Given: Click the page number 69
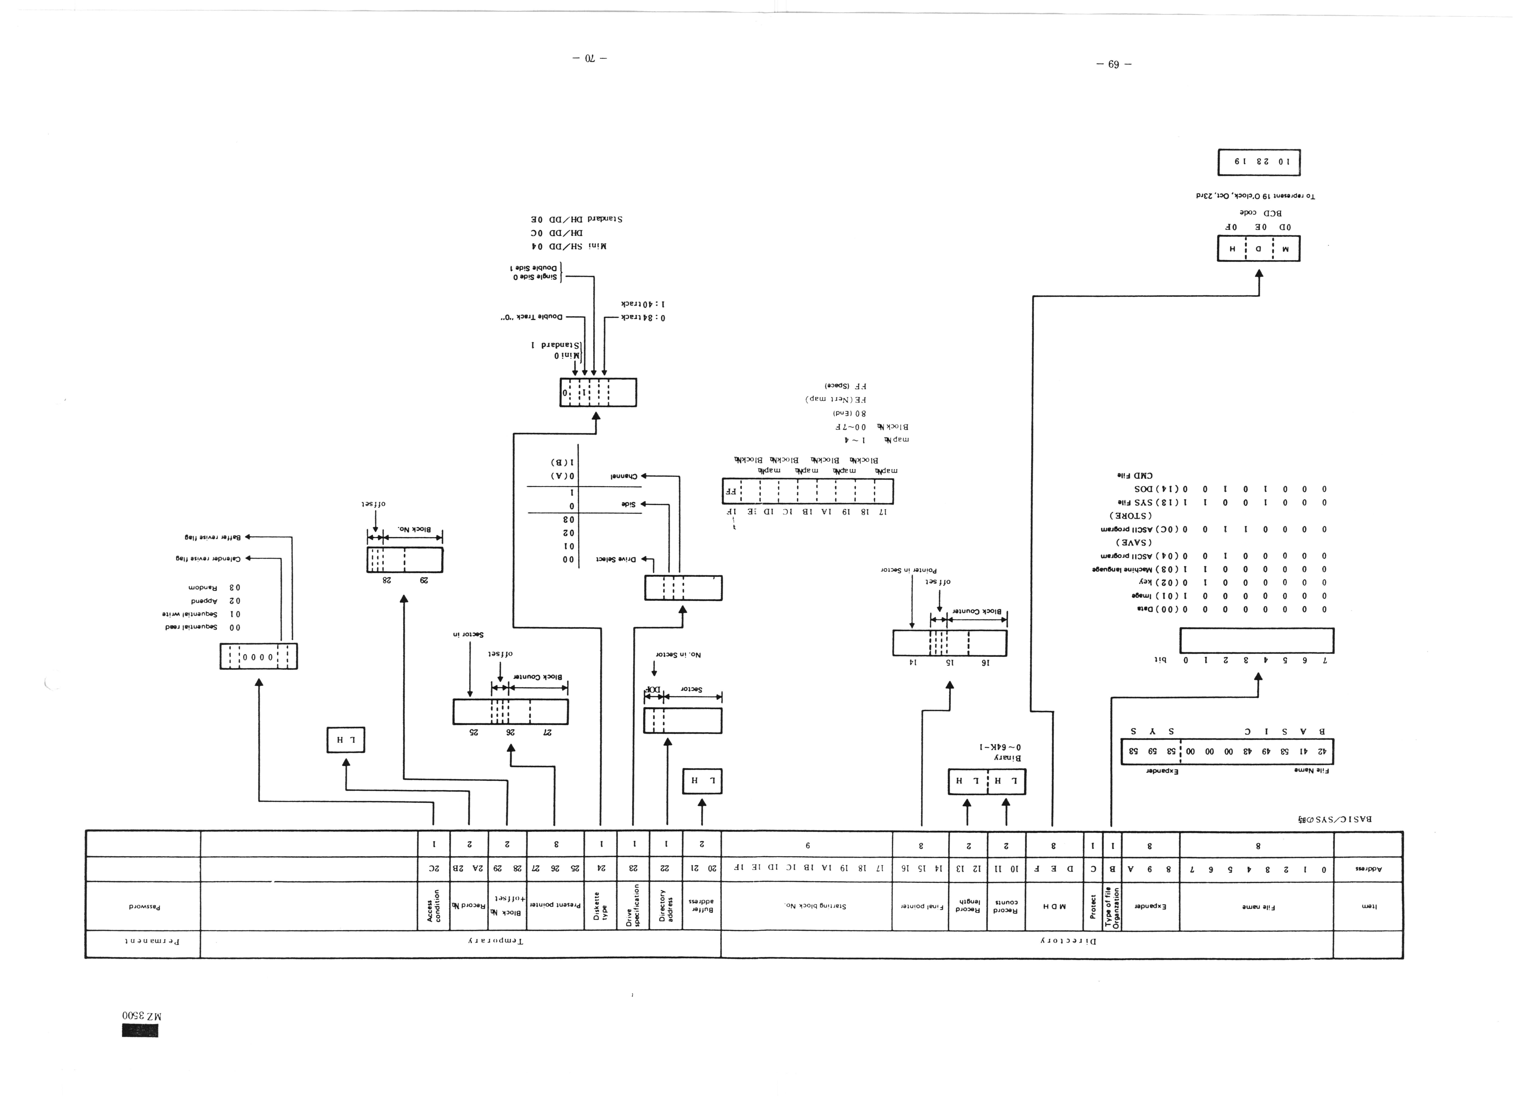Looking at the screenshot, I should point(1113,65).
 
